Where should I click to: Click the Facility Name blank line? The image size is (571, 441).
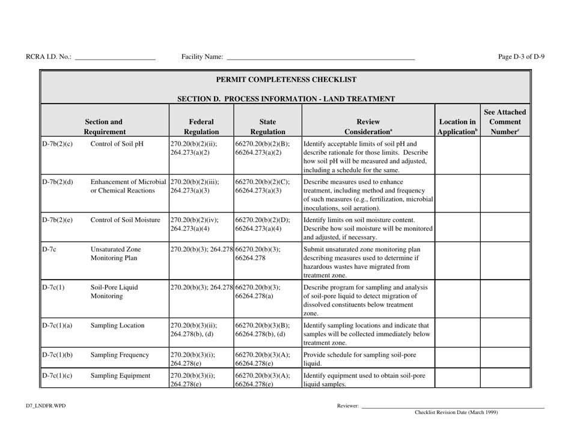click(320, 58)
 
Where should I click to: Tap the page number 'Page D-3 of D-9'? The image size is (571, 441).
click(522, 57)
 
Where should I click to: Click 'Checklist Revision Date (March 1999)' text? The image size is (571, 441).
click(456, 413)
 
